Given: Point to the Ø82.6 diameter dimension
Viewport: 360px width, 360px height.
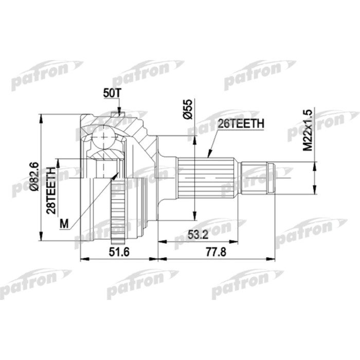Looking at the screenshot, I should [34, 177].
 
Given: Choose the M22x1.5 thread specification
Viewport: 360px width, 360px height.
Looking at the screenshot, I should [308, 130].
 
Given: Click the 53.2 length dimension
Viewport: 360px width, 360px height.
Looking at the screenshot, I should [197, 235].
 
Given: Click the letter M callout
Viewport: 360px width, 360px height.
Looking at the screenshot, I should [64, 223].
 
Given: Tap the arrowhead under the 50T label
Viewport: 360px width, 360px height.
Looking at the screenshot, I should [118, 110].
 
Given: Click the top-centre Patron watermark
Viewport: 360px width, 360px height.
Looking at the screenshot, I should [147, 71].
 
